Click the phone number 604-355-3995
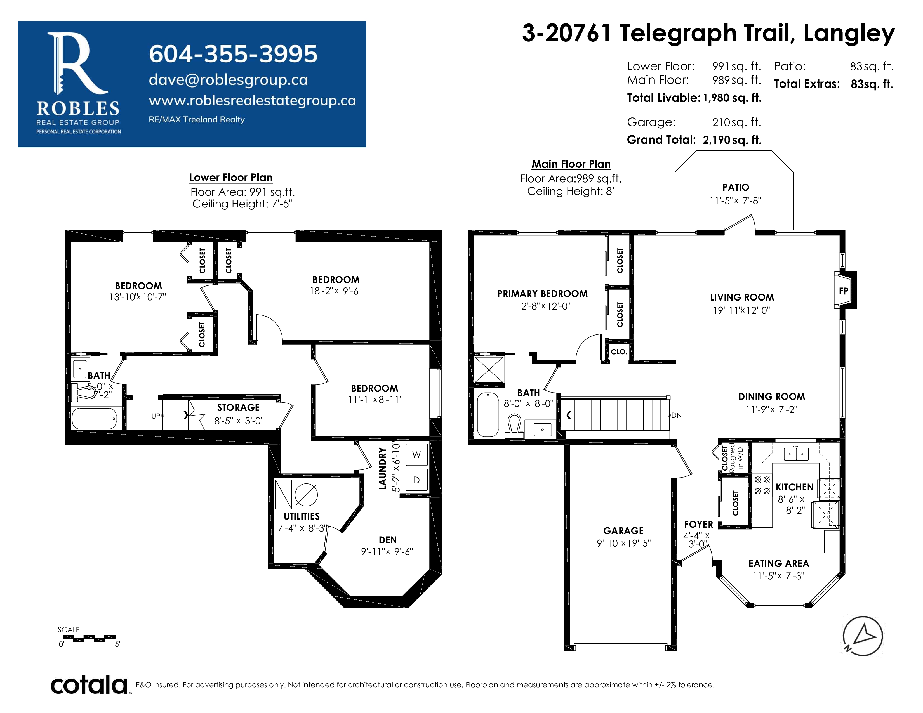233,54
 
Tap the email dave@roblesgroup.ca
228,80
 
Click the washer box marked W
416,455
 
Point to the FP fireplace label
843,291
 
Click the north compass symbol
863,636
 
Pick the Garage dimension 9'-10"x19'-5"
624,543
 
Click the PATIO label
736,188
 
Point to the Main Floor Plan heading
571,164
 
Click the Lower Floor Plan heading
231,178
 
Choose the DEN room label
388,540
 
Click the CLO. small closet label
619,352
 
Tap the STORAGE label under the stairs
238,408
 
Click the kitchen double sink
796,454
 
